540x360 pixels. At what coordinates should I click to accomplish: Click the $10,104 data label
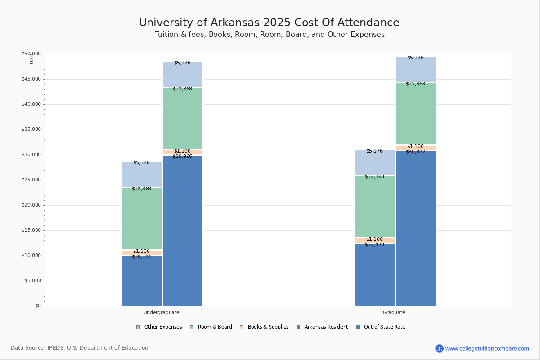(x=141, y=257)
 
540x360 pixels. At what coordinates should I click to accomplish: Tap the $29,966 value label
(x=182, y=157)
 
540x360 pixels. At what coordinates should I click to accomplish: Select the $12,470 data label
(x=374, y=245)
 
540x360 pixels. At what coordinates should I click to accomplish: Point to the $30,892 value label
(x=415, y=152)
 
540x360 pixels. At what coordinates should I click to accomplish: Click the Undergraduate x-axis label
(x=161, y=312)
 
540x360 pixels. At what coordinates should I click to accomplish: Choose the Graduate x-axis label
(x=394, y=312)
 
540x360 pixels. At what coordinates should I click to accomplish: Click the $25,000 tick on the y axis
(x=31, y=180)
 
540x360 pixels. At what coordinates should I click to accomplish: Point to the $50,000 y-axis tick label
(x=31, y=54)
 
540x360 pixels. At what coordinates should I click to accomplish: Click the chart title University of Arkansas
(x=269, y=23)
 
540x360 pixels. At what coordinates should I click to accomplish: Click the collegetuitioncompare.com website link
(x=487, y=348)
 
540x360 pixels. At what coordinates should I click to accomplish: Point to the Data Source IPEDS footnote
(x=80, y=348)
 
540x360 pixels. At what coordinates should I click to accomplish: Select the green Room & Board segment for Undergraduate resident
(x=142, y=218)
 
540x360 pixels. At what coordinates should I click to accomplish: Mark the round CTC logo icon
(x=439, y=348)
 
